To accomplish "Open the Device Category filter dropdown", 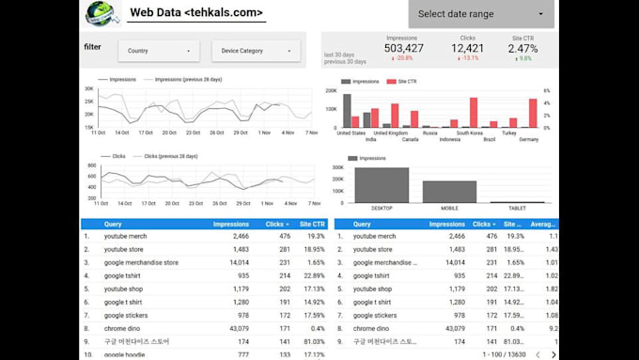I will point(255,51).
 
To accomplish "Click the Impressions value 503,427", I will point(403,48).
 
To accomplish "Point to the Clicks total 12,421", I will point(467,48).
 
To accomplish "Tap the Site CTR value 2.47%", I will point(523,48).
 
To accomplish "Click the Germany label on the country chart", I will point(528,139).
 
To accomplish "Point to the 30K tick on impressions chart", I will point(88,89).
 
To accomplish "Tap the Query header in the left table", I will point(113,224).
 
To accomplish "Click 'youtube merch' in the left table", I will point(125,237).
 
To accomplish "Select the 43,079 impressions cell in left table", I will point(235,329).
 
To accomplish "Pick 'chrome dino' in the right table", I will point(371,329).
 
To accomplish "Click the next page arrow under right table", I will point(553,354).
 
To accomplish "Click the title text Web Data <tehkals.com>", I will point(195,13).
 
